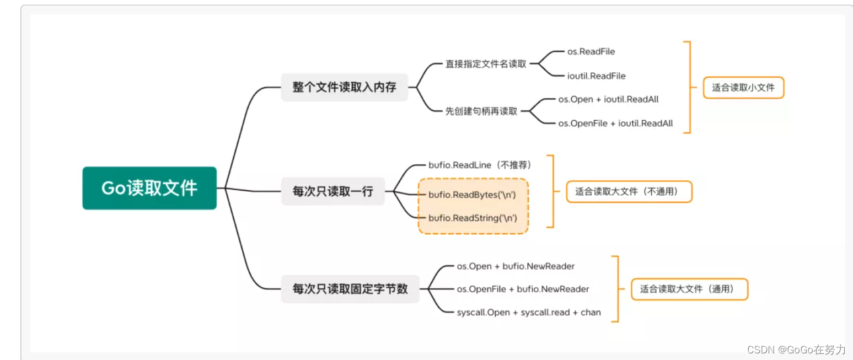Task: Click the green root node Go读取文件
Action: click(x=149, y=188)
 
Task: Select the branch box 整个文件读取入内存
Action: click(x=344, y=87)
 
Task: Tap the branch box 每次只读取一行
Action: click(x=332, y=191)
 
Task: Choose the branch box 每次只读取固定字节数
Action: click(x=350, y=288)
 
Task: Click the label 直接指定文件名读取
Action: click(x=486, y=64)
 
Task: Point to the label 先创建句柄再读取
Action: click(x=481, y=111)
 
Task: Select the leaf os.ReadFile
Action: click(x=591, y=52)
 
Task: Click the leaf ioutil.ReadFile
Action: click(x=596, y=76)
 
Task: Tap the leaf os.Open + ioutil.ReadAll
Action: click(x=608, y=100)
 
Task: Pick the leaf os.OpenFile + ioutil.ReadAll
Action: click(x=615, y=123)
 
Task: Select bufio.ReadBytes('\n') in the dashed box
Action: click(x=472, y=195)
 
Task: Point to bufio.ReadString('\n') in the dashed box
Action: click(x=473, y=218)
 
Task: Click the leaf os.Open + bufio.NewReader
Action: click(x=516, y=266)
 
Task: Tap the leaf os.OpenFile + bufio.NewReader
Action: click(x=523, y=289)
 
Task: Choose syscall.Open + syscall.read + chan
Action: click(x=529, y=312)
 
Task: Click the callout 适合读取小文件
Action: click(x=743, y=88)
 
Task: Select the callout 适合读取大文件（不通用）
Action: click(x=629, y=192)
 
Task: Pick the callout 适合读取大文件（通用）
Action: click(x=689, y=289)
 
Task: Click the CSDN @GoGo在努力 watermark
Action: click(x=796, y=350)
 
